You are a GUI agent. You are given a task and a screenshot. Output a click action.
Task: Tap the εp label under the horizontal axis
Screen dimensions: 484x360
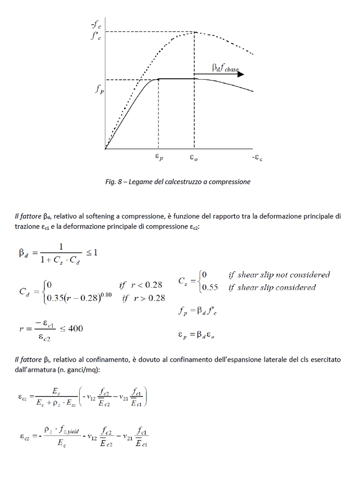159,158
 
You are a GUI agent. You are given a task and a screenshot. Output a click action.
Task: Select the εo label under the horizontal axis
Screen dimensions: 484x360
194,158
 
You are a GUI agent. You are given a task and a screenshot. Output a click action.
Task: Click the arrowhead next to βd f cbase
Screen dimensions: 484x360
241,74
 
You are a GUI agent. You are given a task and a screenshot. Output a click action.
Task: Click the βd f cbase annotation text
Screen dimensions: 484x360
225,68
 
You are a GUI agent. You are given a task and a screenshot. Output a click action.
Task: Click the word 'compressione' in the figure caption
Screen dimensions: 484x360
230,182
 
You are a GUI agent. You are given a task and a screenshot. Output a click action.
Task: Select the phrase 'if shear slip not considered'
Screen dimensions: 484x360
279,275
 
